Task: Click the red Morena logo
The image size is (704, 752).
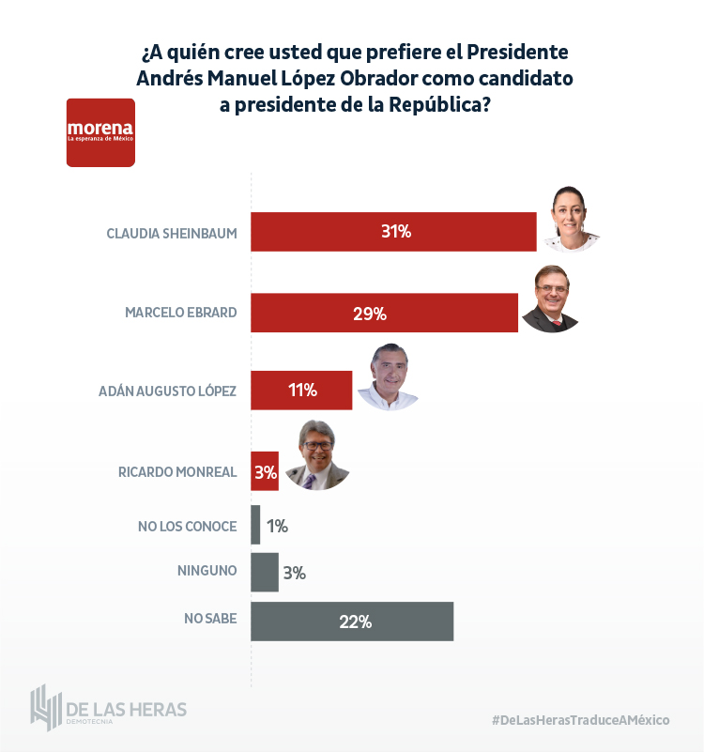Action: (x=100, y=132)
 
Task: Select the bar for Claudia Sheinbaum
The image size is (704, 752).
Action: (x=393, y=232)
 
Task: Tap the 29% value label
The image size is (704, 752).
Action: (x=370, y=313)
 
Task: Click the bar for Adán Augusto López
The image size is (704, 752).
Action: (x=301, y=390)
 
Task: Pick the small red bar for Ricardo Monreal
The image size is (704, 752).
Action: (x=265, y=472)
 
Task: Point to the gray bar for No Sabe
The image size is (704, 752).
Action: (x=352, y=622)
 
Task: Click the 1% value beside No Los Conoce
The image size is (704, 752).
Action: (x=277, y=526)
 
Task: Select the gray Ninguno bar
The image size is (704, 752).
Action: (x=265, y=572)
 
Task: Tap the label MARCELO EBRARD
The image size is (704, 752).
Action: (x=181, y=313)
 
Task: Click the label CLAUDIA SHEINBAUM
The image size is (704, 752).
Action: (x=172, y=232)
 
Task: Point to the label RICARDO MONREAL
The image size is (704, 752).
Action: (x=177, y=472)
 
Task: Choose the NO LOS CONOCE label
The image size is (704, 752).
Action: (x=187, y=526)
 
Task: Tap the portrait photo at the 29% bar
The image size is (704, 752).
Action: (x=552, y=299)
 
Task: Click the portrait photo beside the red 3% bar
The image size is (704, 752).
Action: (x=316, y=456)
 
